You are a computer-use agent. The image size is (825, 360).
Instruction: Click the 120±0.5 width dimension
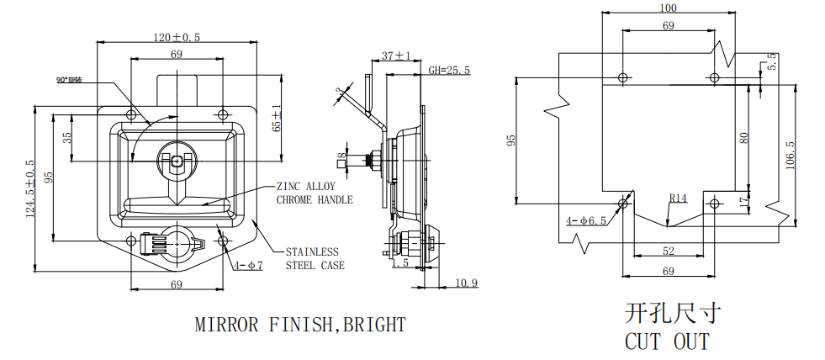(176, 37)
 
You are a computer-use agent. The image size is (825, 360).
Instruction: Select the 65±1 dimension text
(277, 121)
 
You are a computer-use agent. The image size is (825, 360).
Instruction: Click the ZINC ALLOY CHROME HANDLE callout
(315, 193)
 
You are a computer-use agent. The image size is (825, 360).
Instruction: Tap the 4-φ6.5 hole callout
(586, 221)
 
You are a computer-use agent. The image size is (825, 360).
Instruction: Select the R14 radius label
(679, 199)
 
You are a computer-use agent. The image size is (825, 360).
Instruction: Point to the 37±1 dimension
(396, 56)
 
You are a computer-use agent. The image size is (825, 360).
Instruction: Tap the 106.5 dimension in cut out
(790, 155)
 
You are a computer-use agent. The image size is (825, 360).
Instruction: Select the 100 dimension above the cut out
(669, 8)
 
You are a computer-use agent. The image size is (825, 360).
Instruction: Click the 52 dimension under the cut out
(669, 251)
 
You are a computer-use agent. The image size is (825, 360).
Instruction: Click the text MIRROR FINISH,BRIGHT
(300, 324)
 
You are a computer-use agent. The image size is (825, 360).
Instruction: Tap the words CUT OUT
(667, 341)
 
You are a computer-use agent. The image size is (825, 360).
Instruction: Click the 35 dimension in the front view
(68, 135)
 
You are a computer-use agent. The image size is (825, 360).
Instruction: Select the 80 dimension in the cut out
(743, 137)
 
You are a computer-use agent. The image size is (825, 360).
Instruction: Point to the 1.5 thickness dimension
(400, 263)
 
